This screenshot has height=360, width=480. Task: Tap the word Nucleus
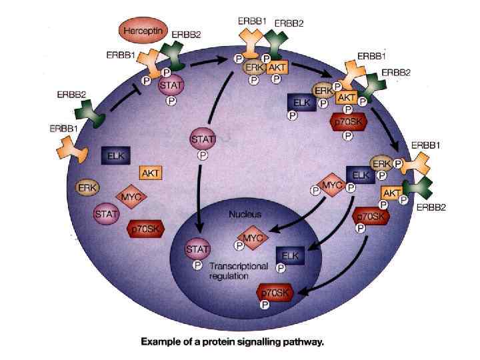pyautogui.click(x=245, y=215)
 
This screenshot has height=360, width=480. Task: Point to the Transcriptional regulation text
pyautogui.click(x=237, y=271)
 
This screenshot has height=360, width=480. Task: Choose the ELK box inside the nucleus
pyautogui.click(x=290, y=255)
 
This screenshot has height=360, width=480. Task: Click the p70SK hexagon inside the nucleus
pyautogui.click(x=275, y=293)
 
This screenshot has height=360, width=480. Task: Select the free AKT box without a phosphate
pyautogui.click(x=151, y=173)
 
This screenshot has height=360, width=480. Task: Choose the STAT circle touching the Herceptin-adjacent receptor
pyautogui.click(x=169, y=86)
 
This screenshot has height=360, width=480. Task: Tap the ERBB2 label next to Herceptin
pyautogui.click(x=184, y=34)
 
